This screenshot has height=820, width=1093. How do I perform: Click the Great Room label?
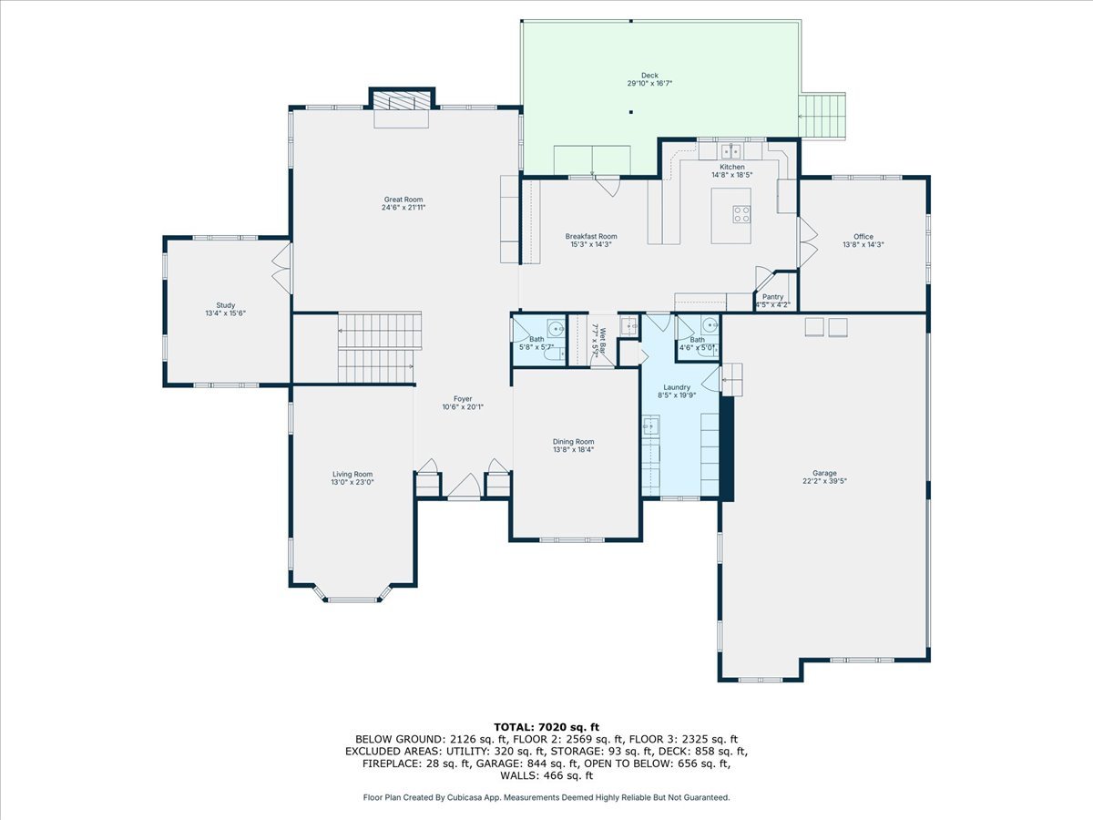click(x=403, y=200)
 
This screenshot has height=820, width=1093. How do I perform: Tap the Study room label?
click(x=226, y=305)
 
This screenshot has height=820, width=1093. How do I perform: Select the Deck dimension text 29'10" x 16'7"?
click(x=649, y=84)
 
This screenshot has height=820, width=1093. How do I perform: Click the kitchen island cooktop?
click(x=741, y=214)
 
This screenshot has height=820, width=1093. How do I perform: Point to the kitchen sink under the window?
click(x=731, y=150)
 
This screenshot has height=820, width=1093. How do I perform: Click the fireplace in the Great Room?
click(x=402, y=100)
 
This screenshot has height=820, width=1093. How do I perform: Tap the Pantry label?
click(x=772, y=297)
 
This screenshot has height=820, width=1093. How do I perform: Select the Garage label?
click(x=824, y=473)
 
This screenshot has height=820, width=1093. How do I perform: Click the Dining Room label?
click(x=573, y=442)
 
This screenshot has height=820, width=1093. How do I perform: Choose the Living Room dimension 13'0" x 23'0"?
click(x=352, y=483)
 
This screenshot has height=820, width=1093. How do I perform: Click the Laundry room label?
click(x=677, y=387)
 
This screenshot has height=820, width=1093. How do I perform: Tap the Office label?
click(x=863, y=237)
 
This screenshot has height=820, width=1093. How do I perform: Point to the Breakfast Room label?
click(x=591, y=237)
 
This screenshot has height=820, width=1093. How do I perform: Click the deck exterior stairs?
click(x=822, y=116)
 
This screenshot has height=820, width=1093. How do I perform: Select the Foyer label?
click(x=463, y=399)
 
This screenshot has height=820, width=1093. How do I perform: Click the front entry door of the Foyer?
click(x=465, y=486)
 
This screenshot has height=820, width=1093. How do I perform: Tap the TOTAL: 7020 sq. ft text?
click(x=546, y=727)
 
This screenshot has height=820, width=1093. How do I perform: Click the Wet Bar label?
click(x=602, y=340)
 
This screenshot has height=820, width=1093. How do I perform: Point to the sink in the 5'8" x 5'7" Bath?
click(x=556, y=329)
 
